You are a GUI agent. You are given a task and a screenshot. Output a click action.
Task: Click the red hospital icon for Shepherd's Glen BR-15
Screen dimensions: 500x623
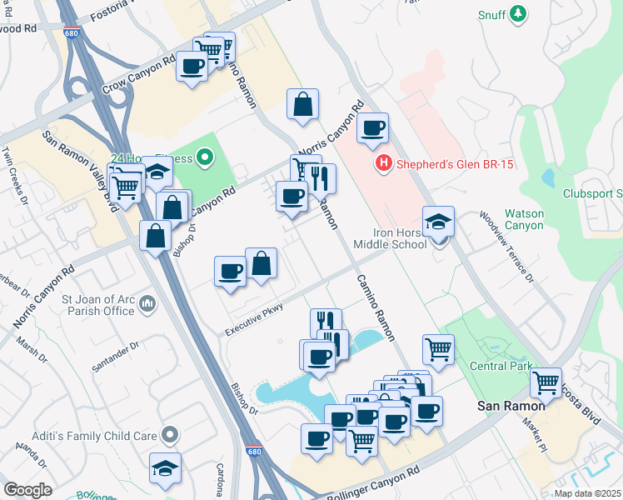pos(383,164)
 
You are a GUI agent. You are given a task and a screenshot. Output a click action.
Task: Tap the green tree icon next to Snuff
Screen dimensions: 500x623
pos(519,14)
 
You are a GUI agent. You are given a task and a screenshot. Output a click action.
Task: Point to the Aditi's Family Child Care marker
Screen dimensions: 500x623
pos(171,434)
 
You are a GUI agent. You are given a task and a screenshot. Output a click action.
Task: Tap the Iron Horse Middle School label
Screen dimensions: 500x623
pos(390,237)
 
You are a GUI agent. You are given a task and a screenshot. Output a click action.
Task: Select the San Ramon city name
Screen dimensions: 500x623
pos(511,406)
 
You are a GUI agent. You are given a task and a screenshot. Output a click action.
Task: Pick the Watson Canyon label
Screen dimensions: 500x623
pos(524,220)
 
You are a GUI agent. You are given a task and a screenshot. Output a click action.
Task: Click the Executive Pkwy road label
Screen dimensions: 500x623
pos(255,320)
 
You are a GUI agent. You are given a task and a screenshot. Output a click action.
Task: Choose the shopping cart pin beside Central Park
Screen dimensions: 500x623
pos(438,349)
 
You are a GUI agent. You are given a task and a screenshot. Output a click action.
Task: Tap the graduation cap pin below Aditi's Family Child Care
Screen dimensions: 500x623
pos(166,467)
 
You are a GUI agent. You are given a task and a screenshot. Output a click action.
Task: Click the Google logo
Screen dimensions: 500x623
pos(27,490)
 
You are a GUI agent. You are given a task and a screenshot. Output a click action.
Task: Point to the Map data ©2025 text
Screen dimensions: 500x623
pos(586,493)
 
